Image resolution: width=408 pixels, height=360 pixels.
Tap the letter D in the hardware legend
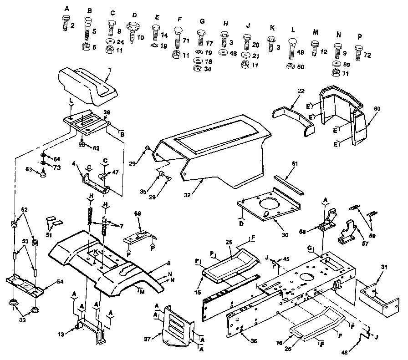134,15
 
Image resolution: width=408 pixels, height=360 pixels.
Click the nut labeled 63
42,173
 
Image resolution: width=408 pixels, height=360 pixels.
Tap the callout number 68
138,213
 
